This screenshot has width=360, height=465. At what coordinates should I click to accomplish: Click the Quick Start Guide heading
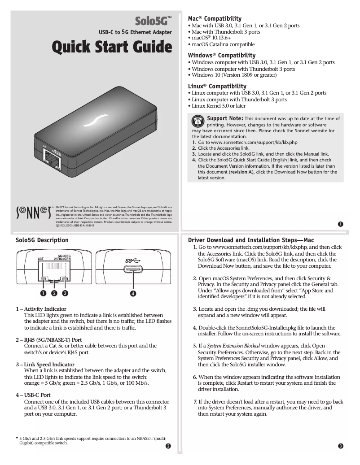point(112,46)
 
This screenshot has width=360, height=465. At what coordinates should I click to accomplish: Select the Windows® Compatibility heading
point(221,55)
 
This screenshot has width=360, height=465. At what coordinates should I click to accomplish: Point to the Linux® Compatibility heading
point(217,86)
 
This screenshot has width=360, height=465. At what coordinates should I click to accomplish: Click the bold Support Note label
point(224,118)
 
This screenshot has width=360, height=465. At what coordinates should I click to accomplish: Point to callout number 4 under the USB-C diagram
point(133,294)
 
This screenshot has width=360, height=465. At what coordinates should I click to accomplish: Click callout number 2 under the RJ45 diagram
point(54,294)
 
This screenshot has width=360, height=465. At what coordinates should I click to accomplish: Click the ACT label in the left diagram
point(40,259)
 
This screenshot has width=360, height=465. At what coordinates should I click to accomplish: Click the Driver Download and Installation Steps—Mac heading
point(257,240)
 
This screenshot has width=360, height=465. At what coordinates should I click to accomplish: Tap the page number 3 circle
point(341,446)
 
